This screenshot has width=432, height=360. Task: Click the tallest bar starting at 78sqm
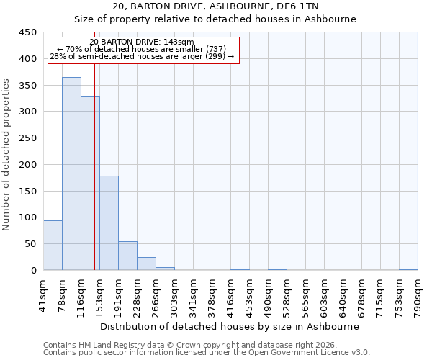coord(71,174)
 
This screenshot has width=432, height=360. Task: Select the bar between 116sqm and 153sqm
coord(90,184)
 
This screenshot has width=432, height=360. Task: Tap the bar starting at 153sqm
coord(109,223)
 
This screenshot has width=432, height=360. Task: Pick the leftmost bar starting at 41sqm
coord(53,246)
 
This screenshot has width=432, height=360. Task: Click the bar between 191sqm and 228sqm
coord(127,256)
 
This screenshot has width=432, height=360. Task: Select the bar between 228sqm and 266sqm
coord(146,264)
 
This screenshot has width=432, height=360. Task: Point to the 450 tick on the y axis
coord(27,32)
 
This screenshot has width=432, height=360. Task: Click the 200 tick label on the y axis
coord(27,165)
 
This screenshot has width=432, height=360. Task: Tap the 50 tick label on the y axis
coord(30,244)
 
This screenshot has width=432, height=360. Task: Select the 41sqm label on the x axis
coord(43,294)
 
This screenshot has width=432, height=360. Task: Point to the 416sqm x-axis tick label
coord(230,294)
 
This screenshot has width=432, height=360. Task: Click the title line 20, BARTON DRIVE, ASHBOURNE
coord(215,6)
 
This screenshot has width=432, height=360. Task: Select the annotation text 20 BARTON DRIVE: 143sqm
coord(142,42)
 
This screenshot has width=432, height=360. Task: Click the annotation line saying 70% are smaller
coord(142,49)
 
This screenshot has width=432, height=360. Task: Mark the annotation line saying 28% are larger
coord(142,56)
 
